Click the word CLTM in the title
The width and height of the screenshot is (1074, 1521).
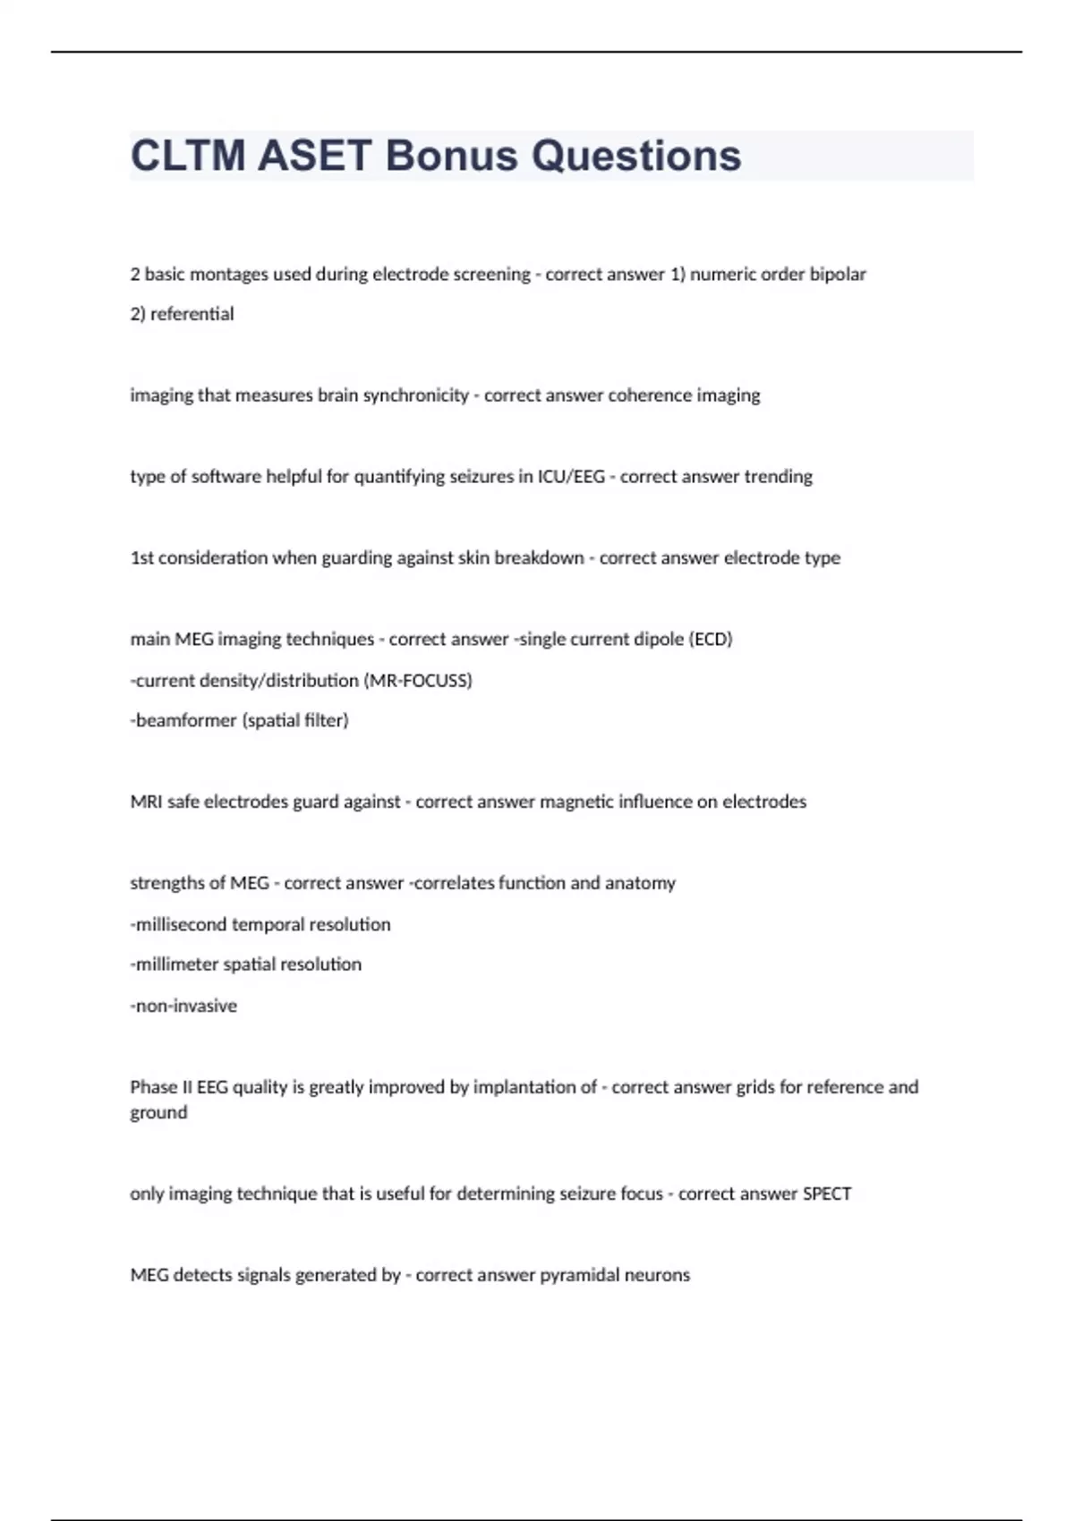pos(187,156)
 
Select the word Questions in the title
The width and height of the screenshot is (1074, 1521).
pos(636,156)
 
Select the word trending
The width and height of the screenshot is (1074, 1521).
pos(778,477)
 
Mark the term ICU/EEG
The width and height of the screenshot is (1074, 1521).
pos(571,477)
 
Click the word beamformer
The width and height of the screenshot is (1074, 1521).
pos(183,720)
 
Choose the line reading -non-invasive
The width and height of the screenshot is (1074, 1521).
pos(183,1006)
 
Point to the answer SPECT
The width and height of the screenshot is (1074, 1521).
pos(827,1194)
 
